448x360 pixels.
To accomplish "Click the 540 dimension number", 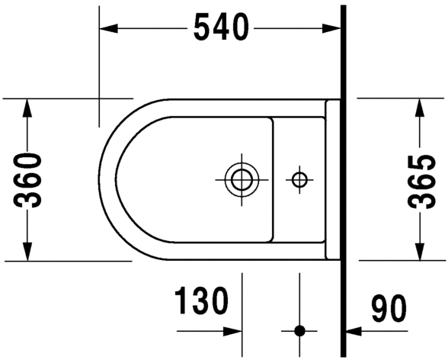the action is point(221,27).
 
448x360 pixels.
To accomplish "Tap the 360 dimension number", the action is point(27,180).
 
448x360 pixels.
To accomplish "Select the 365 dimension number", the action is point(421,182).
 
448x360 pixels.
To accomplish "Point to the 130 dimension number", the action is point(201,301).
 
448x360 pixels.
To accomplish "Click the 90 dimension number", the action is point(389,307).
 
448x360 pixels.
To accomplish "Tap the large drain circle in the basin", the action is point(242,180).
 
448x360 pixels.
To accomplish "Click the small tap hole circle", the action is point(299,180).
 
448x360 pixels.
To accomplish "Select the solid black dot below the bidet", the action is point(299,331).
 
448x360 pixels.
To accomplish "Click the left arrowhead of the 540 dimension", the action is point(108,28).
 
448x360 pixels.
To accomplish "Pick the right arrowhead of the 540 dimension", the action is point(331,28).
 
